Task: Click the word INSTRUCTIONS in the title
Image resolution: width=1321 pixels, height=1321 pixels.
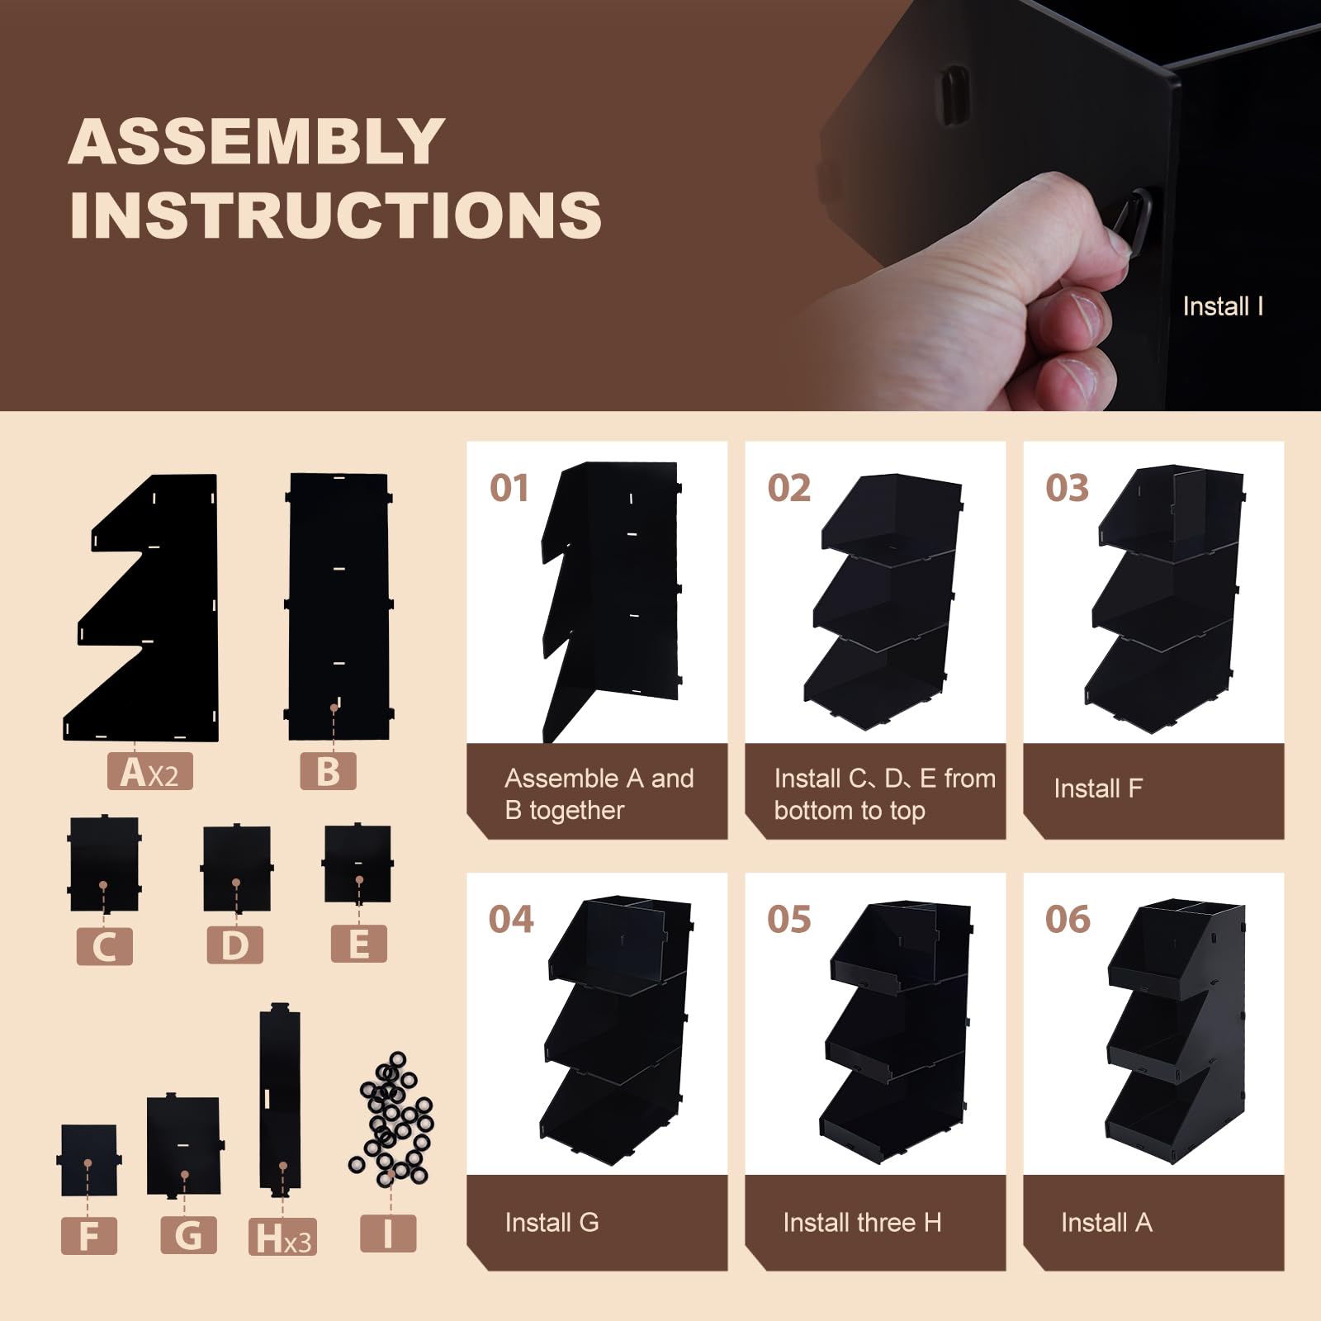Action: tap(335, 215)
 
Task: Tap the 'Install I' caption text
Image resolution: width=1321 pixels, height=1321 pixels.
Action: tap(1223, 306)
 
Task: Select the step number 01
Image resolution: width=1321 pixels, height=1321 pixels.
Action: tap(509, 488)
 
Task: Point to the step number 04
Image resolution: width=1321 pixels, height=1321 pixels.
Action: tap(511, 919)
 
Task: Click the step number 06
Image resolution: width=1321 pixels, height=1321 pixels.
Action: tap(1068, 919)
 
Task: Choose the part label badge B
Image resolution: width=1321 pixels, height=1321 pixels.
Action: tap(328, 771)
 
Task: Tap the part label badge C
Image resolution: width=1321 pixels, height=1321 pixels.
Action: tap(104, 945)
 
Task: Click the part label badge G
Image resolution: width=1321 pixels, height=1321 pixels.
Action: tap(188, 1235)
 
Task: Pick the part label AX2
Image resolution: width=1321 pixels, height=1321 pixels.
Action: tap(149, 771)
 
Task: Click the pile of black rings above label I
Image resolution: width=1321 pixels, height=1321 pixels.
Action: tap(391, 1118)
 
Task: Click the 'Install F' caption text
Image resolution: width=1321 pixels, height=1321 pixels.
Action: tap(1098, 788)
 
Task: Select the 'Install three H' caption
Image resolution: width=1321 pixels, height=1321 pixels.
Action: tap(862, 1222)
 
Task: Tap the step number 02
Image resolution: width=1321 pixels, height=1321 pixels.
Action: tap(789, 488)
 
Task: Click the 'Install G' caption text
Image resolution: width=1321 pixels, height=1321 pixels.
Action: tap(552, 1222)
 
